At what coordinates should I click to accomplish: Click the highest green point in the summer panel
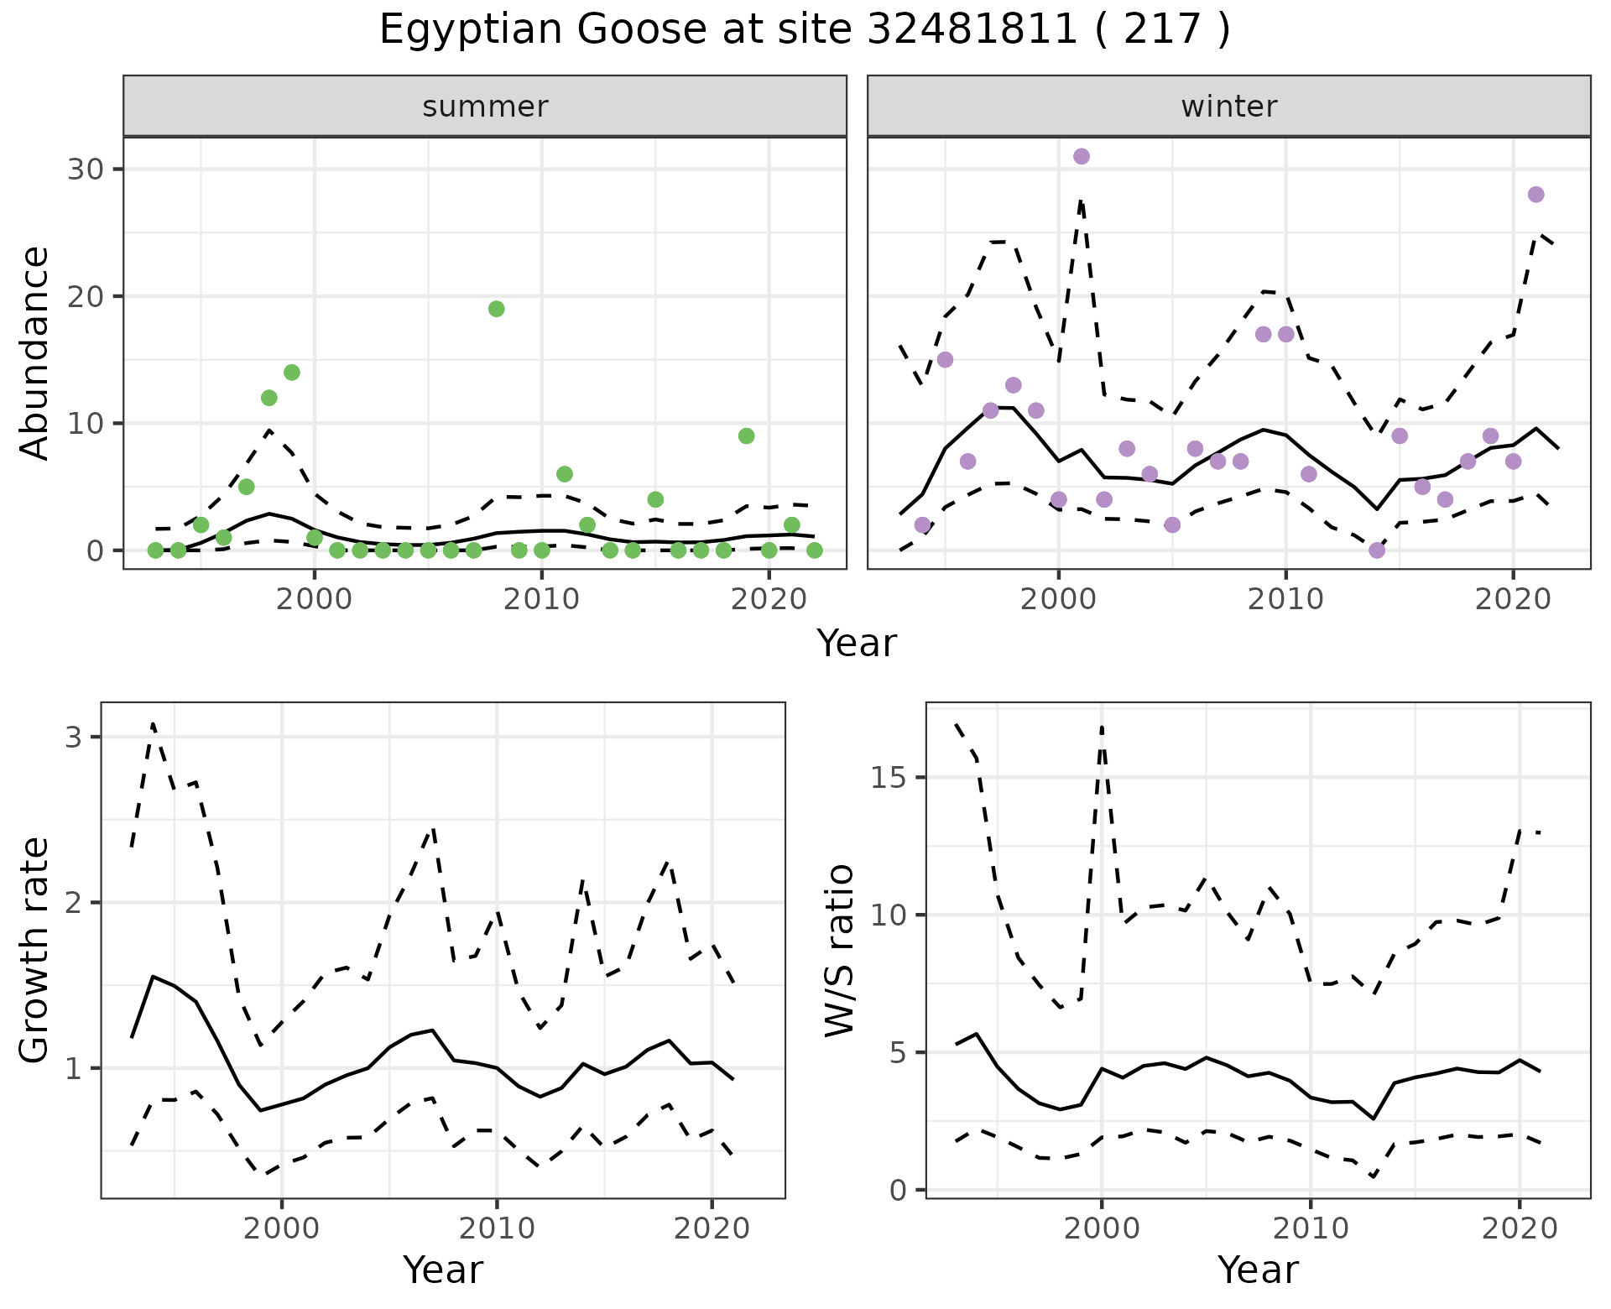496,309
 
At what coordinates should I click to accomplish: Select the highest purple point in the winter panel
1082,156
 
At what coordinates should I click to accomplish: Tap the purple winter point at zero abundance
1377,550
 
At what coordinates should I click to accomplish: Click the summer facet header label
485,107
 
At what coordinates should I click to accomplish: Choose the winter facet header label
1228,107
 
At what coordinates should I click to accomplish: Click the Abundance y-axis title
35,352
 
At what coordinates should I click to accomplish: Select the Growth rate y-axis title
35,950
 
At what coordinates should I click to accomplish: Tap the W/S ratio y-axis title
839,950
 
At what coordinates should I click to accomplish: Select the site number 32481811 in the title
971,30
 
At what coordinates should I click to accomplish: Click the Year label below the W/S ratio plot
1258,1270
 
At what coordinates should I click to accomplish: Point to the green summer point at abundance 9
746,435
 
